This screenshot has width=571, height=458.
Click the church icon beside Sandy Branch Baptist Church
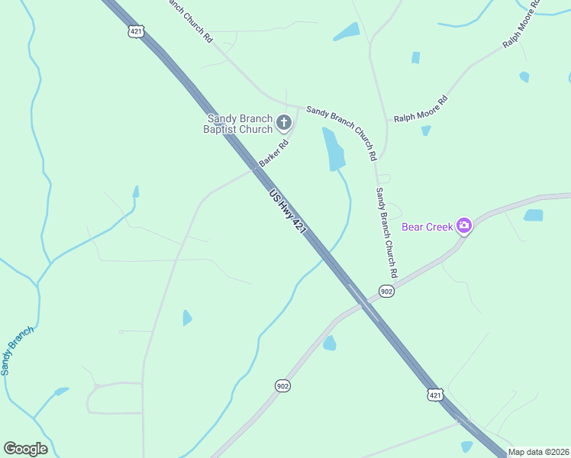tap(283, 121)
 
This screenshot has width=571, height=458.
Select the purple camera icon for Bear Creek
tap(463, 226)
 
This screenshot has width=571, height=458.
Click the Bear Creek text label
tap(427, 227)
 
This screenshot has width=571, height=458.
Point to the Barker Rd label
tap(273, 153)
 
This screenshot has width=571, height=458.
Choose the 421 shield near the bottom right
tap(434, 395)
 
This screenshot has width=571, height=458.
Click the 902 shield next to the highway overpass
tap(386, 292)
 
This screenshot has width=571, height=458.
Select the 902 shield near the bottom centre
tap(282, 386)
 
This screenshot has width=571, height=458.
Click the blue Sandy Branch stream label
tap(17, 350)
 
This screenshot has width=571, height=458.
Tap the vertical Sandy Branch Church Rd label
tap(386, 232)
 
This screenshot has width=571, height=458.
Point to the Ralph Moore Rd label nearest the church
tap(420, 108)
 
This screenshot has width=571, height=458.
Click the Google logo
tap(26, 449)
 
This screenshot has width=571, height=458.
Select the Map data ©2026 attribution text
tap(538, 452)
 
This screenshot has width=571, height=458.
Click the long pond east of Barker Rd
tap(333, 150)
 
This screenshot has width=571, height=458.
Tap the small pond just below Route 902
tap(329, 343)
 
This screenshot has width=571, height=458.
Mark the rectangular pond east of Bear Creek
tap(533, 215)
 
